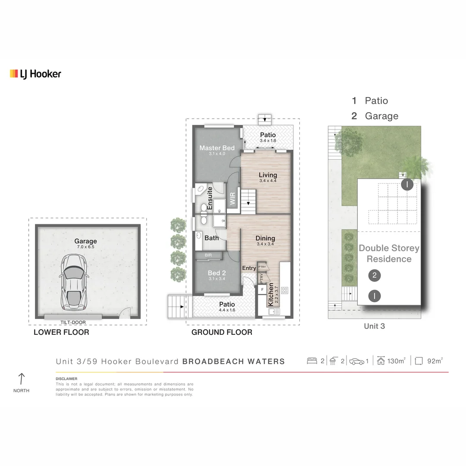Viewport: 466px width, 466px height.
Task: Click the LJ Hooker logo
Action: [x=35, y=74]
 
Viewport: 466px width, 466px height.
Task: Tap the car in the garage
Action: [x=75, y=283]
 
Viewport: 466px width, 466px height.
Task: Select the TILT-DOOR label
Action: [x=73, y=322]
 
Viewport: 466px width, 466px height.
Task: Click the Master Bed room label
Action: [x=217, y=148]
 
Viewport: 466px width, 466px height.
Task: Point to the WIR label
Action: [x=233, y=198]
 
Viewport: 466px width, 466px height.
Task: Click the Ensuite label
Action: [x=210, y=198]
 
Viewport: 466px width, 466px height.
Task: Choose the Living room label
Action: [x=268, y=175]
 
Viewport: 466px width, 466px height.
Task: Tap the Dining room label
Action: [x=265, y=238]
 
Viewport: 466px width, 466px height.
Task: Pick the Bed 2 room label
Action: [x=217, y=273]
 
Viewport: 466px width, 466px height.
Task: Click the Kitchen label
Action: [x=271, y=294]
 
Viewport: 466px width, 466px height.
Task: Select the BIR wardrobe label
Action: [x=208, y=255]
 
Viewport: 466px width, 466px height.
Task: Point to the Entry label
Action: [x=249, y=268]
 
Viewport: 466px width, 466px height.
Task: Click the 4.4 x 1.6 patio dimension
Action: [x=227, y=309]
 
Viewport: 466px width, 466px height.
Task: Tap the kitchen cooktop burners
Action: [x=285, y=290]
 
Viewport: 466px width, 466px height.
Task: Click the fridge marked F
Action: [x=262, y=289]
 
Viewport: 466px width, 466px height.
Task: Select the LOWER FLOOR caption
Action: [x=61, y=332]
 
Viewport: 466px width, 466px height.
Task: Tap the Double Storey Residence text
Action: [x=389, y=253]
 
